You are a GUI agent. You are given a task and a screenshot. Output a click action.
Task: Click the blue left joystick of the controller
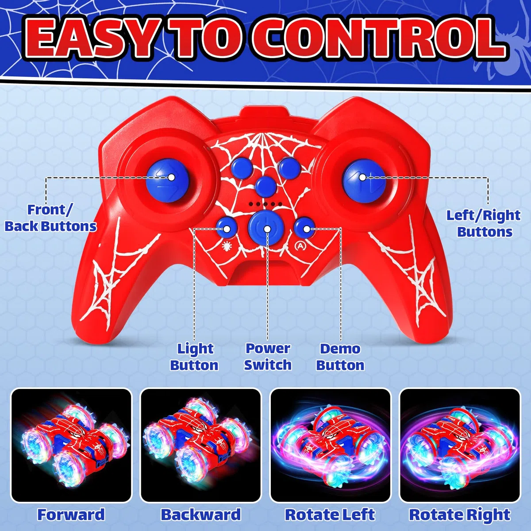point(168,181)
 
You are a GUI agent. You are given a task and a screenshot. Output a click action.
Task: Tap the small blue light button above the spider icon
point(226,227)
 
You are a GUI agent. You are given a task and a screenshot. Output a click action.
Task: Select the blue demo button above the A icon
point(304,227)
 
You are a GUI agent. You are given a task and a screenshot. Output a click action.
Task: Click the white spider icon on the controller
point(227,245)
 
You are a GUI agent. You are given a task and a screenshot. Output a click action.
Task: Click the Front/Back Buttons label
point(51,218)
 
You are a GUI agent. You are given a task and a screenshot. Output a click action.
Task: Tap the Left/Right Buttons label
point(484,223)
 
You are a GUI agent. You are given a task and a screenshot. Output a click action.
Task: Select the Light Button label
point(195,357)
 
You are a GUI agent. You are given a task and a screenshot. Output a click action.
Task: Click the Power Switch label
point(268,357)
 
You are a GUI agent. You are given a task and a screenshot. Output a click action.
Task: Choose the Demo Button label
point(340,357)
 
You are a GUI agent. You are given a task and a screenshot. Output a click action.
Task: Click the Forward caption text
point(71,515)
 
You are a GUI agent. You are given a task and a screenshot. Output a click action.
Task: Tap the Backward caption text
point(200,515)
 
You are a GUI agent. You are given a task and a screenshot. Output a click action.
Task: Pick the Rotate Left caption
point(330,515)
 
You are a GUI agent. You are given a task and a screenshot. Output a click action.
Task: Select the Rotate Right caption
point(460,515)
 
